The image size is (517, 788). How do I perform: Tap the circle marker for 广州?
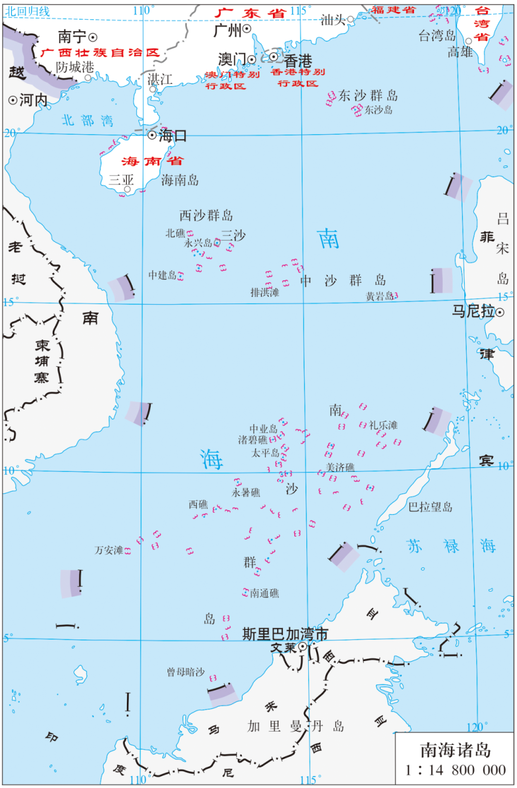[247, 29]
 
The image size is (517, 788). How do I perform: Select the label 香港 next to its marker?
[298, 60]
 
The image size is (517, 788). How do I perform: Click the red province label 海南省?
[152, 161]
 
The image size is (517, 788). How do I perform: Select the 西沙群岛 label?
[206, 216]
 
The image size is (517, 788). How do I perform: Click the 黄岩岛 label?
[379, 296]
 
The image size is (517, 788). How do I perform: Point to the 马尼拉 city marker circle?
[500, 312]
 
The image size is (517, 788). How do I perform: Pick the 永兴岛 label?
[198, 243]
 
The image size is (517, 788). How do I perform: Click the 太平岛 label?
[266, 453]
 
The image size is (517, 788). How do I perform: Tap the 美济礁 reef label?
[340, 466]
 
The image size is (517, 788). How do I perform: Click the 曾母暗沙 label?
[185, 672]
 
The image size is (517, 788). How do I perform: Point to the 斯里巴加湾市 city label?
[285, 635]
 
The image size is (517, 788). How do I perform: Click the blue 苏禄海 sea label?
[451, 545]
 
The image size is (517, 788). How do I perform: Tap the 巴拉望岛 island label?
[430, 507]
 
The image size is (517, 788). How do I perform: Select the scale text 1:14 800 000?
[455, 770]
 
